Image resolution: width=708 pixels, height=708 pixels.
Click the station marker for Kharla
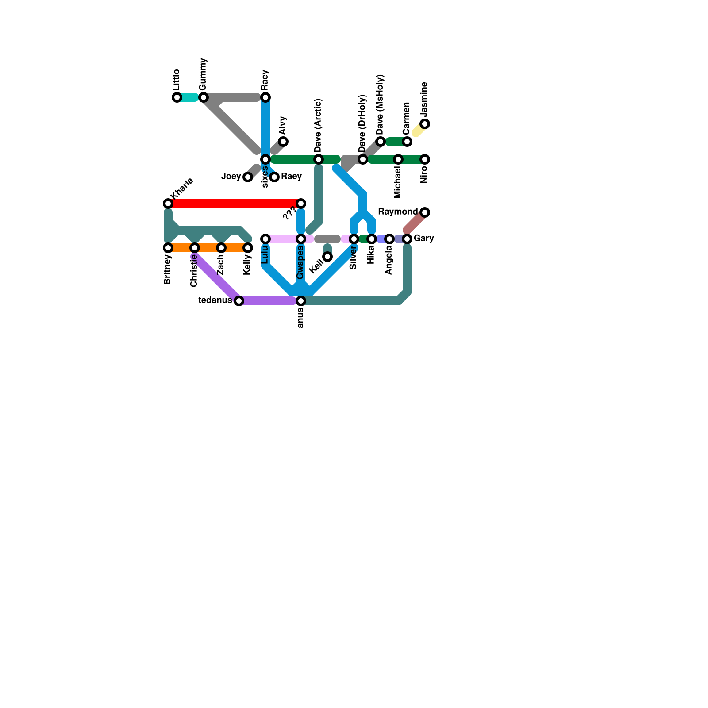(x=168, y=204)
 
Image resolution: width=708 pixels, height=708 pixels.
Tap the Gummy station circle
(x=204, y=97)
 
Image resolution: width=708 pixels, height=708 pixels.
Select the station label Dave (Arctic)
(x=319, y=125)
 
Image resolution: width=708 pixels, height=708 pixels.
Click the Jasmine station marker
(x=425, y=124)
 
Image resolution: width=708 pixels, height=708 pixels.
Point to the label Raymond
(x=397, y=212)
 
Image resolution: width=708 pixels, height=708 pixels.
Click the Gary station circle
(x=407, y=239)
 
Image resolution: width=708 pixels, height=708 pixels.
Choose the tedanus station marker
(x=239, y=301)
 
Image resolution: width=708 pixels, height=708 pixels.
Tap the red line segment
(x=235, y=204)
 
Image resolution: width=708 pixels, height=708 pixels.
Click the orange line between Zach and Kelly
(x=235, y=248)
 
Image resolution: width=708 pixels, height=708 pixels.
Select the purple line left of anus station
(x=268, y=301)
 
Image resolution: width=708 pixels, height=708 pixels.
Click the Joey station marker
(x=248, y=177)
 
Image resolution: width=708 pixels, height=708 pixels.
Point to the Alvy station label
(x=283, y=126)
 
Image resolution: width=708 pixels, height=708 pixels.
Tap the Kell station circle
(x=327, y=257)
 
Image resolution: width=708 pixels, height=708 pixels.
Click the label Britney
(x=167, y=269)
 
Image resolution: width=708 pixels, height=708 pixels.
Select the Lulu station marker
(x=265, y=239)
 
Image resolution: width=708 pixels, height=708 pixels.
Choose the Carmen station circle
(x=407, y=142)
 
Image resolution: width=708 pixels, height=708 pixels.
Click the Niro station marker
(x=425, y=159)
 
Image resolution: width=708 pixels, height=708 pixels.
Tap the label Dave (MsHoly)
(x=381, y=105)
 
